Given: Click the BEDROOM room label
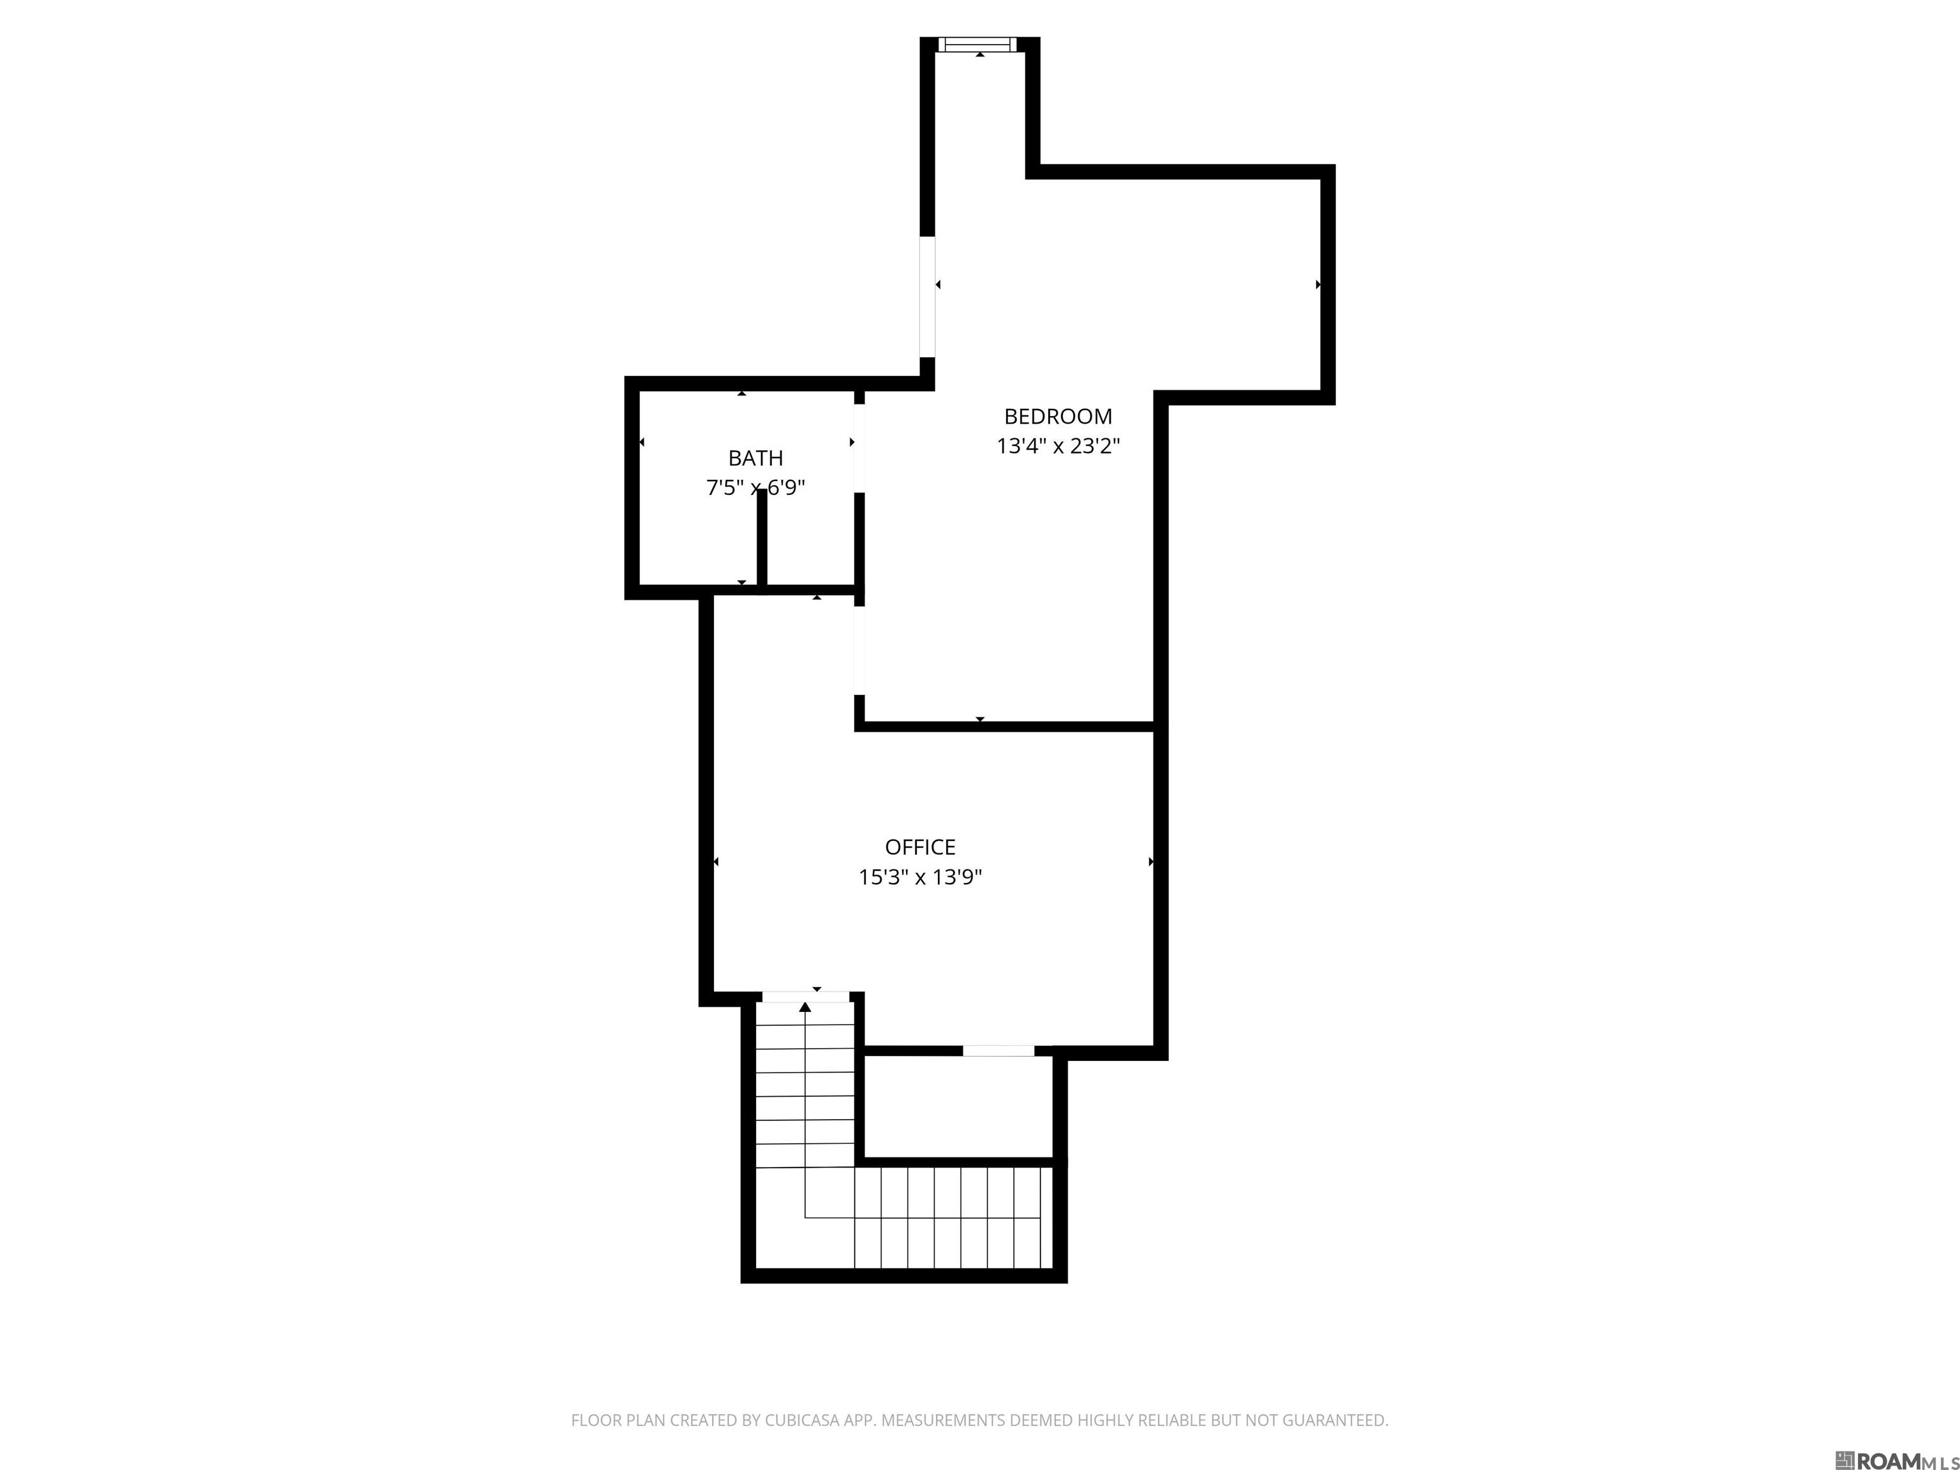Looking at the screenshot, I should (x=1058, y=417).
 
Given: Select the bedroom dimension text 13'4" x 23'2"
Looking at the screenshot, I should (x=1058, y=446).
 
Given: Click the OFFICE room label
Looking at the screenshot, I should (x=920, y=847).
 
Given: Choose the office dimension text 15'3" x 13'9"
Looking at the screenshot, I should (x=920, y=877).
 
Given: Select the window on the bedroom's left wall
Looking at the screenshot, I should (x=927, y=297).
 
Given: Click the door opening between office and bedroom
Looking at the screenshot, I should (x=859, y=651).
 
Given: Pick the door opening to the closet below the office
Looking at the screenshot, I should (x=998, y=1051).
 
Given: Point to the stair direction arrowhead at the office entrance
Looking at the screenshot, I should (x=805, y=1007).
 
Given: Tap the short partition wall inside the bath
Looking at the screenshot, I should (x=761, y=537).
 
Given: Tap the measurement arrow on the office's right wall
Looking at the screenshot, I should (x=1150, y=861).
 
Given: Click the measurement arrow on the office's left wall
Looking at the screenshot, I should (x=716, y=861).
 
